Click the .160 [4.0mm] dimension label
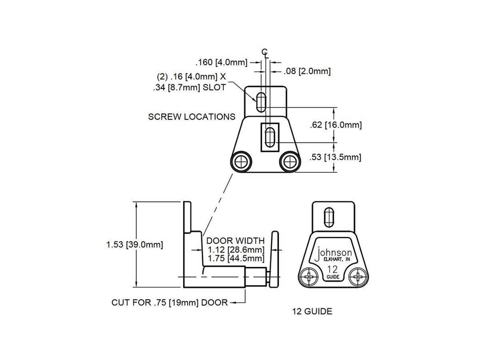coord(221,62)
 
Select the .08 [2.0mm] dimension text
coord(307,71)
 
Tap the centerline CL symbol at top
coord(265,54)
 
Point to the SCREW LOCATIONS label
coord(192,117)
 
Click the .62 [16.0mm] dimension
coord(336,125)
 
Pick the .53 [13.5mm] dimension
coord(335,157)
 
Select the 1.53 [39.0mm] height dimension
coord(134,244)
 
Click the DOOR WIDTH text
coord(236,241)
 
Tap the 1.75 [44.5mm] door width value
coord(236,258)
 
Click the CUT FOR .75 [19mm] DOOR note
coord(170,302)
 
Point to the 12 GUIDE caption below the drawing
coord(312,312)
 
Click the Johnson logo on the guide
coord(333,254)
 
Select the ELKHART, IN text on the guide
coord(337,260)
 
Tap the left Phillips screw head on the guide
coord(309,277)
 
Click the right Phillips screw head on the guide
coord(357,277)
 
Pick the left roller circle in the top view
coord(241,162)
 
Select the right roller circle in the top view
coord(290,162)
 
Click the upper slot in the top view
coord(261,102)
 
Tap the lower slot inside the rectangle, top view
coord(270,138)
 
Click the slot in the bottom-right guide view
coord(329,218)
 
